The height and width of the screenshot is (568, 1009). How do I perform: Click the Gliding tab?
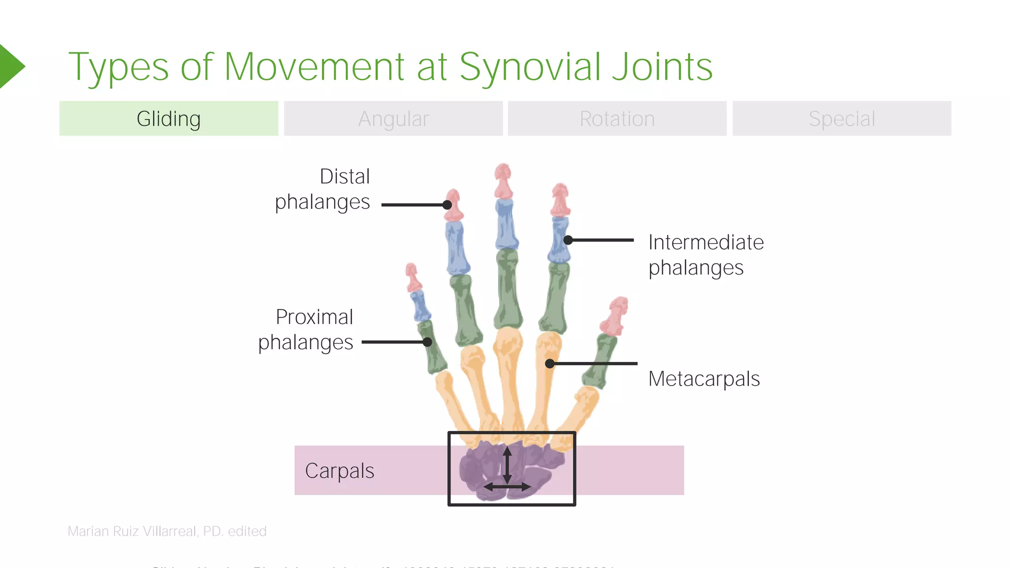coord(168,119)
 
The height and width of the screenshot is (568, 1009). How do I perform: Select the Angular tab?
coord(393,119)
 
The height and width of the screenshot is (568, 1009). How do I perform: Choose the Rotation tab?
coord(617,119)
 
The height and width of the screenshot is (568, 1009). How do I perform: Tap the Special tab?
coord(841,119)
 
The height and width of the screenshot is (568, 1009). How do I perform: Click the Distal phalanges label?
coord(323,189)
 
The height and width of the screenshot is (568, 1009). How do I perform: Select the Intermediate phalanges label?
coord(706,255)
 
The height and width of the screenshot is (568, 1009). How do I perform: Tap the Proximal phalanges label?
coord(306,329)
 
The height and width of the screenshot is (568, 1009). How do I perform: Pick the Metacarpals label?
coord(704,379)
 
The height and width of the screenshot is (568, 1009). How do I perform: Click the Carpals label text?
coord(339,471)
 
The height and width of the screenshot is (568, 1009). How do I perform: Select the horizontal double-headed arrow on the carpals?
coord(507,487)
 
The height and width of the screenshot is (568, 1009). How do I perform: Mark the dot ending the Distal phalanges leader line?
coord(447,205)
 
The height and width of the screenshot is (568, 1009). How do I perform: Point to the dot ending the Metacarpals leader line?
coord(550,364)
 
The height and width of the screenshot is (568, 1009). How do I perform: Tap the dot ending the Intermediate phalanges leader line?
coord(568,240)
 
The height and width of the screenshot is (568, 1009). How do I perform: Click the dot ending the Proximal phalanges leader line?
coord(428,342)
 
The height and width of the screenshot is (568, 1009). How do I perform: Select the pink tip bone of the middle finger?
coord(503,180)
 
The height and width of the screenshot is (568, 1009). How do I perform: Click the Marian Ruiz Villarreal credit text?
coord(167,532)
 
